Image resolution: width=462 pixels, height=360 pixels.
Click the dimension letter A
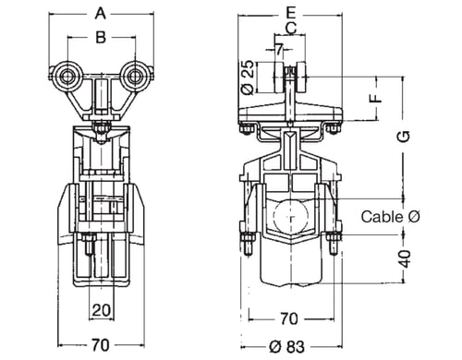pos(101,14)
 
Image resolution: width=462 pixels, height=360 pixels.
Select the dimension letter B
pos(101,37)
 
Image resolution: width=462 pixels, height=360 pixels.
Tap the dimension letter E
pos(290,13)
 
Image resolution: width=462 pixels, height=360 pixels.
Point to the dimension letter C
pos(291,28)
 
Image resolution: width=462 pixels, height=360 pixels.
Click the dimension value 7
pos(279,49)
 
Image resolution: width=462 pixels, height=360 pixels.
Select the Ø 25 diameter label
pos(248,77)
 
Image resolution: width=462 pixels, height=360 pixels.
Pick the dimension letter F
pos(376,98)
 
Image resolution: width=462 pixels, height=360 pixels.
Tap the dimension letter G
pos(403,137)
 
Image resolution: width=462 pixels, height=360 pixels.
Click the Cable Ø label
pos(390,217)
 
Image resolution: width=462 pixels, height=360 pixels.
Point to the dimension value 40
pos(406,258)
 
